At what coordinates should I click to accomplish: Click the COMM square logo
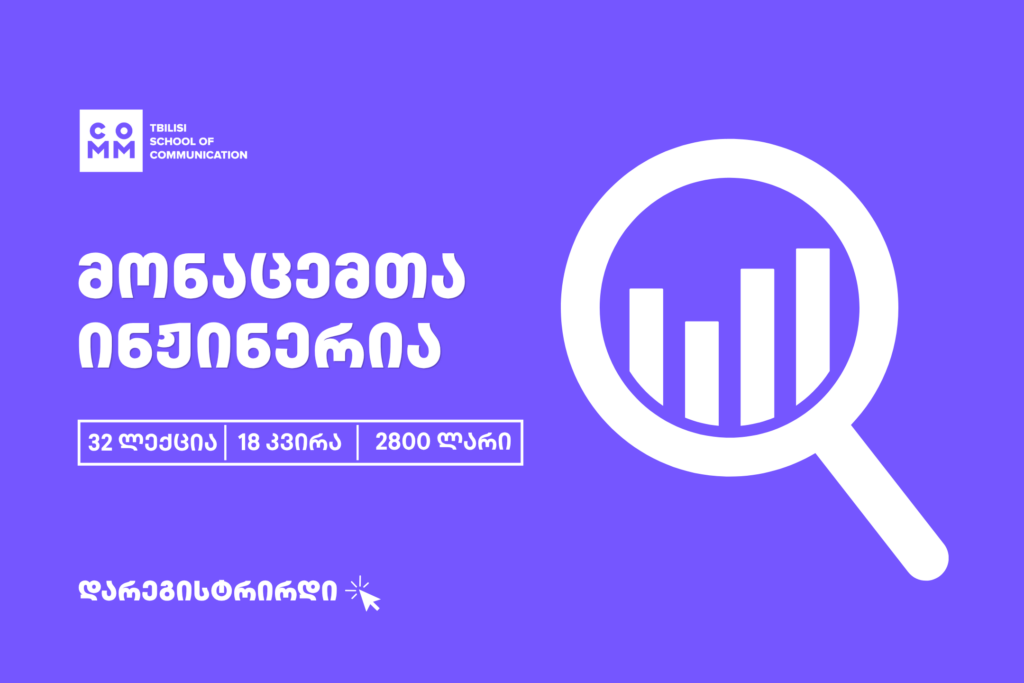(x=111, y=140)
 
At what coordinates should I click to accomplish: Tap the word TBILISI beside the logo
(x=168, y=128)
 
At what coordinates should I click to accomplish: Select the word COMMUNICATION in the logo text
(x=199, y=155)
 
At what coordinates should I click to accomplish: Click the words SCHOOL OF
(x=182, y=141)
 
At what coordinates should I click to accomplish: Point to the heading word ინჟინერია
(x=259, y=345)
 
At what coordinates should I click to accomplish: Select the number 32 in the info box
(x=101, y=443)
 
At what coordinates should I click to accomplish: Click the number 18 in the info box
(x=249, y=443)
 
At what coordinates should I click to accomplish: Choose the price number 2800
(x=402, y=442)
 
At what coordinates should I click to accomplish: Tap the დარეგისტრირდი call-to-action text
(x=208, y=590)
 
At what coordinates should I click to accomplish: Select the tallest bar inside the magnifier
(x=812, y=325)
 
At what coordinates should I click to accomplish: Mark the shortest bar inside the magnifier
(x=702, y=372)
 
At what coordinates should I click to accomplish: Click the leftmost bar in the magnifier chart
(x=647, y=345)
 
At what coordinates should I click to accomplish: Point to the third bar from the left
(x=758, y=346)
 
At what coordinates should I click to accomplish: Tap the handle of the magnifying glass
(x=882, y=503)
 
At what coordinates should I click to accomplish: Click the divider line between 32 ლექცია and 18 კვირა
(x=225, y=443)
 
